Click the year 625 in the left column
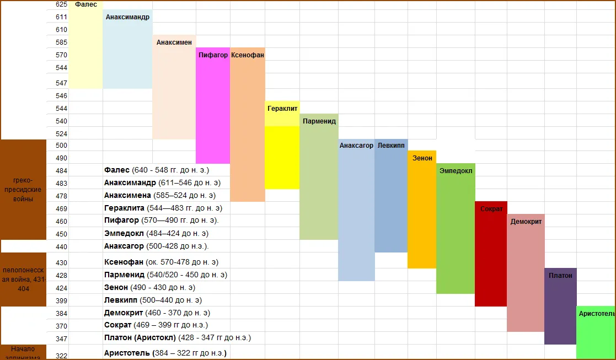click(61, 4)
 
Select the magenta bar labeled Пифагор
click(212, 105)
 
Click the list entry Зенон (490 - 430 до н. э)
click(149, 288)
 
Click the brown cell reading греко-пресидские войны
click(23, 190)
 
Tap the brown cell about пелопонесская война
click(23, 280)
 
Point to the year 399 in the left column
click(61, 300)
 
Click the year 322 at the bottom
click(61, 356)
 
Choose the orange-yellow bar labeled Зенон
click(422, 209)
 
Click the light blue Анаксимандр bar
click(127, 50)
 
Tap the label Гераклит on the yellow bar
click(282, 109)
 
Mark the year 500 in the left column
click(61, 146)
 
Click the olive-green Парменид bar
click(319, 176)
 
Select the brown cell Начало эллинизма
click(23, 352)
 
